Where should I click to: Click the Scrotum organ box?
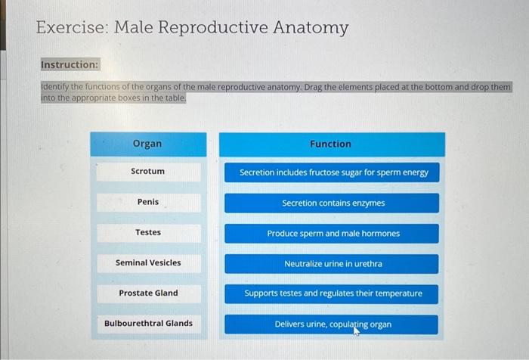[148, 172]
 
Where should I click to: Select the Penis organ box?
[148, 202]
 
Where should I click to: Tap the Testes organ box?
[148, 232]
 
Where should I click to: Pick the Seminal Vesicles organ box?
[148, 262]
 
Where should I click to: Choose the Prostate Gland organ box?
[148, 293]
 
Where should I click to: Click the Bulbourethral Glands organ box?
[148, 324]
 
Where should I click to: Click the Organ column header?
[147, 144]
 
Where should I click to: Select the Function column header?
[330, 144]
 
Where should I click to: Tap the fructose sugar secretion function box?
[333, 172]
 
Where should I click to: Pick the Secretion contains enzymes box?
[333, 203]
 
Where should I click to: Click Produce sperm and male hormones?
[333, 234]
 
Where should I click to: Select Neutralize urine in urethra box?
[333, 264]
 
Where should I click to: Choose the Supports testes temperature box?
[333, 293]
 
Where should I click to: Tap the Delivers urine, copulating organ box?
[333, 324]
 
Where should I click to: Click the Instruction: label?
[70, 65]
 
